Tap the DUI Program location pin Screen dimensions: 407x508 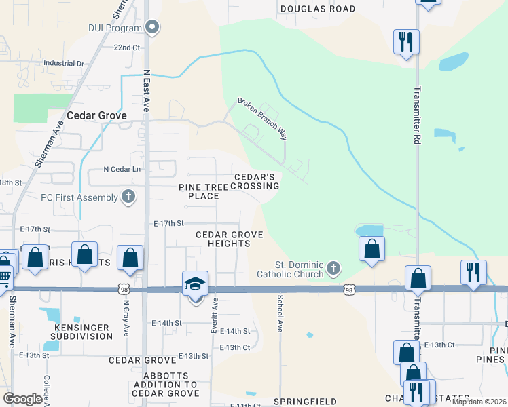click(x=153, y=28)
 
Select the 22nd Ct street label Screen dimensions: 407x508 click(x=126, y=48)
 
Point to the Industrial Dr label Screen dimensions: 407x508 click(x=63, y=63)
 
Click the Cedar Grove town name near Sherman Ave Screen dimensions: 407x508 click(x=96, y=115)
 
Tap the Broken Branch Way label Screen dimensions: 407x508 click(x=261, y=119)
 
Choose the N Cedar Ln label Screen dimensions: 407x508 click(x=122, y=169)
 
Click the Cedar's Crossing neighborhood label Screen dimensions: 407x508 click(x=257, y=180)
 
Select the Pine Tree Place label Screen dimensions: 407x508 click(x=199, y=191)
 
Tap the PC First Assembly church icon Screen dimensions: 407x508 click(x=128, y=197)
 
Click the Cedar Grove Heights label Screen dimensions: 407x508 click(x=229, y=239)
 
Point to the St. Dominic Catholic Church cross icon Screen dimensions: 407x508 click(x=333, y=269)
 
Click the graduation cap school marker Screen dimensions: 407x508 click(x=195, y=284)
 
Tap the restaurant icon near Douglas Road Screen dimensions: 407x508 click(x=405, y=41)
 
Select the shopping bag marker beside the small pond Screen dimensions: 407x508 click(x=371, y=248)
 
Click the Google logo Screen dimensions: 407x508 click(x=22, y=398)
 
